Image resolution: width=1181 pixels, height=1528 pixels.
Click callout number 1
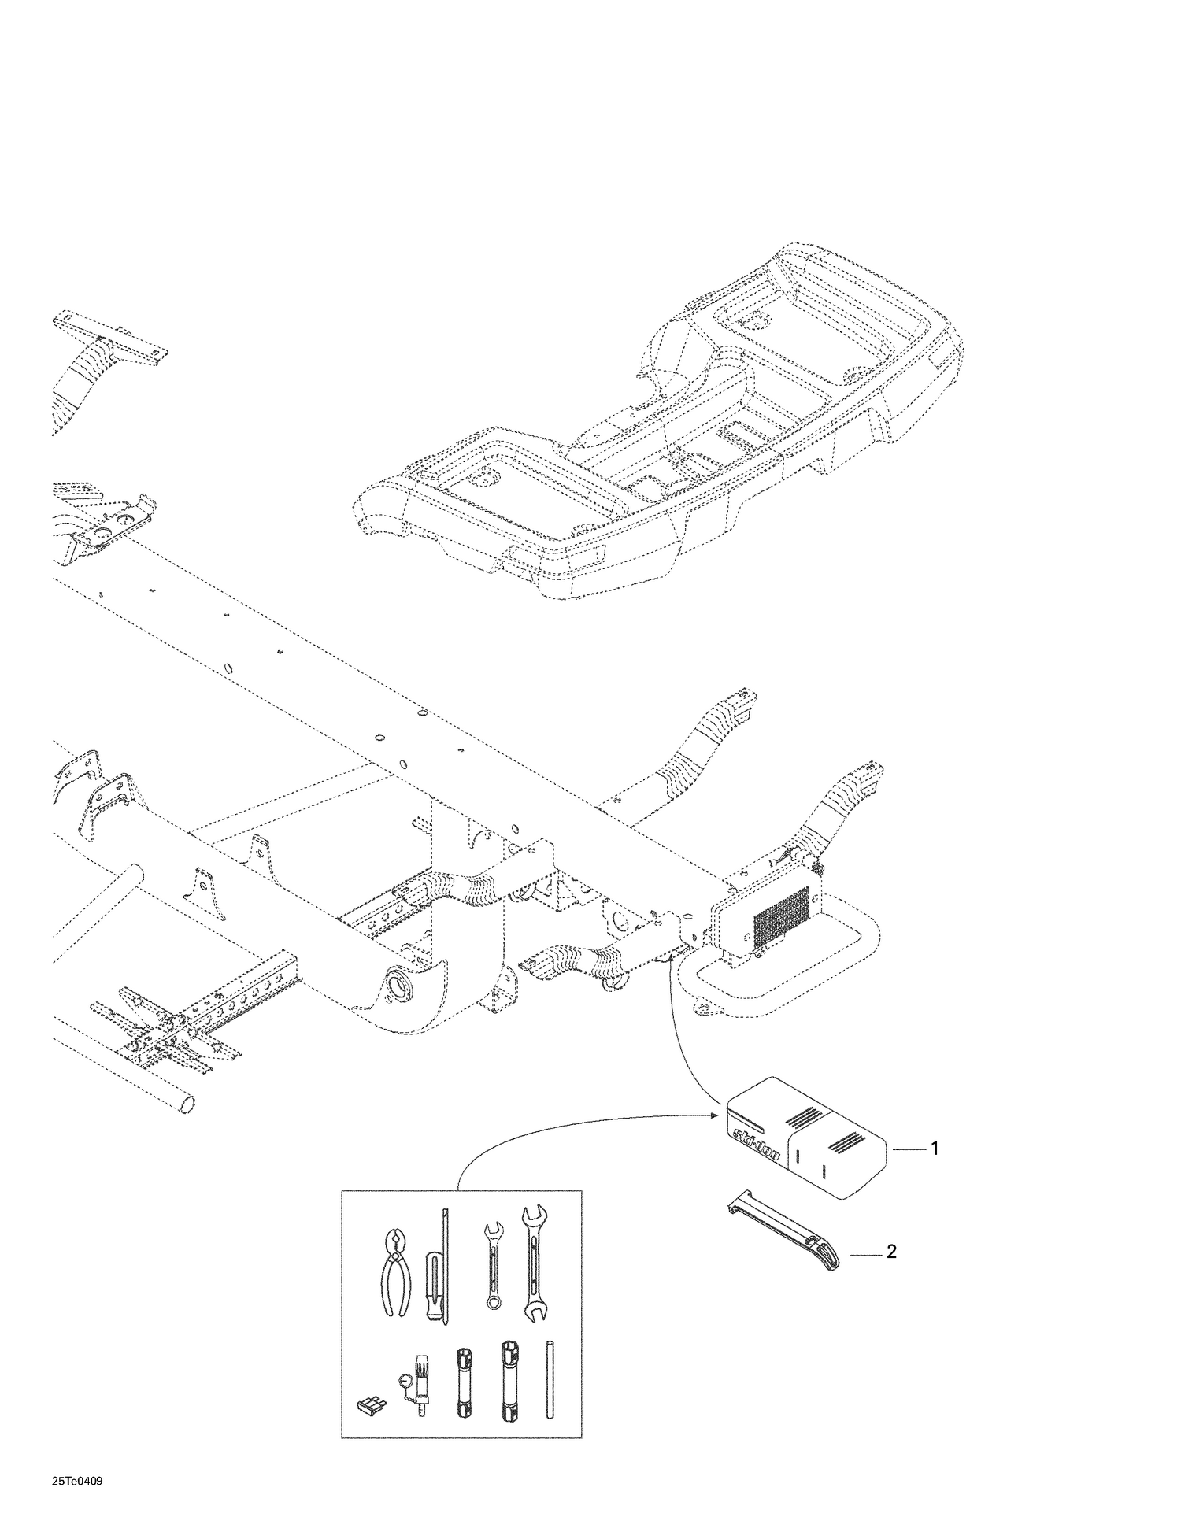pos(935,1149)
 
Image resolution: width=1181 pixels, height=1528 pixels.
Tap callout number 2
pos(891,1252)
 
